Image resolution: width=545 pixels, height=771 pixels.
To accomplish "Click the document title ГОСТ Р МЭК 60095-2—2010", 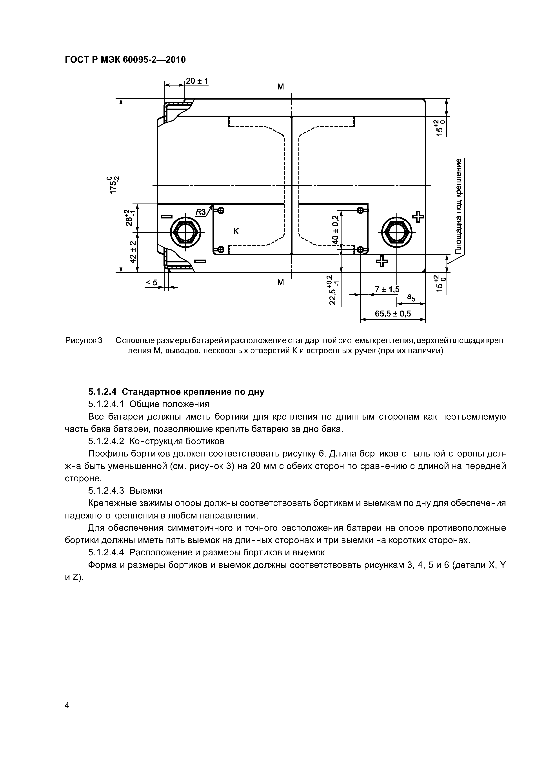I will (x=125, y=60).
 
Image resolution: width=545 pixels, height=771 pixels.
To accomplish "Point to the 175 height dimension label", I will (x=113, y=185).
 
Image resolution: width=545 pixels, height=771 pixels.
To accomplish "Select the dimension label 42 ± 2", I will (x=133, y=252).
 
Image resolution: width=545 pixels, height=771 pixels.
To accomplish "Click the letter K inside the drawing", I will (x=236, y=231).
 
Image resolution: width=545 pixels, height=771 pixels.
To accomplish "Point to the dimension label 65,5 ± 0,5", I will (x=393, y=314).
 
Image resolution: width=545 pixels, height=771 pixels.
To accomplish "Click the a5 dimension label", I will (x=411, y=297).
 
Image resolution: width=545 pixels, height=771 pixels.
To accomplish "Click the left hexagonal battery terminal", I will (x=185, y=232).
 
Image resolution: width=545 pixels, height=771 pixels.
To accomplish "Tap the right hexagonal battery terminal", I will (x=397, y=232).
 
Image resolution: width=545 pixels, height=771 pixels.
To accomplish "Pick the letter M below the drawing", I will (x=280, y=282).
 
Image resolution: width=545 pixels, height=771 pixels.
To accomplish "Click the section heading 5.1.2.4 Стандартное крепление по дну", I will (x=176, y=392).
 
